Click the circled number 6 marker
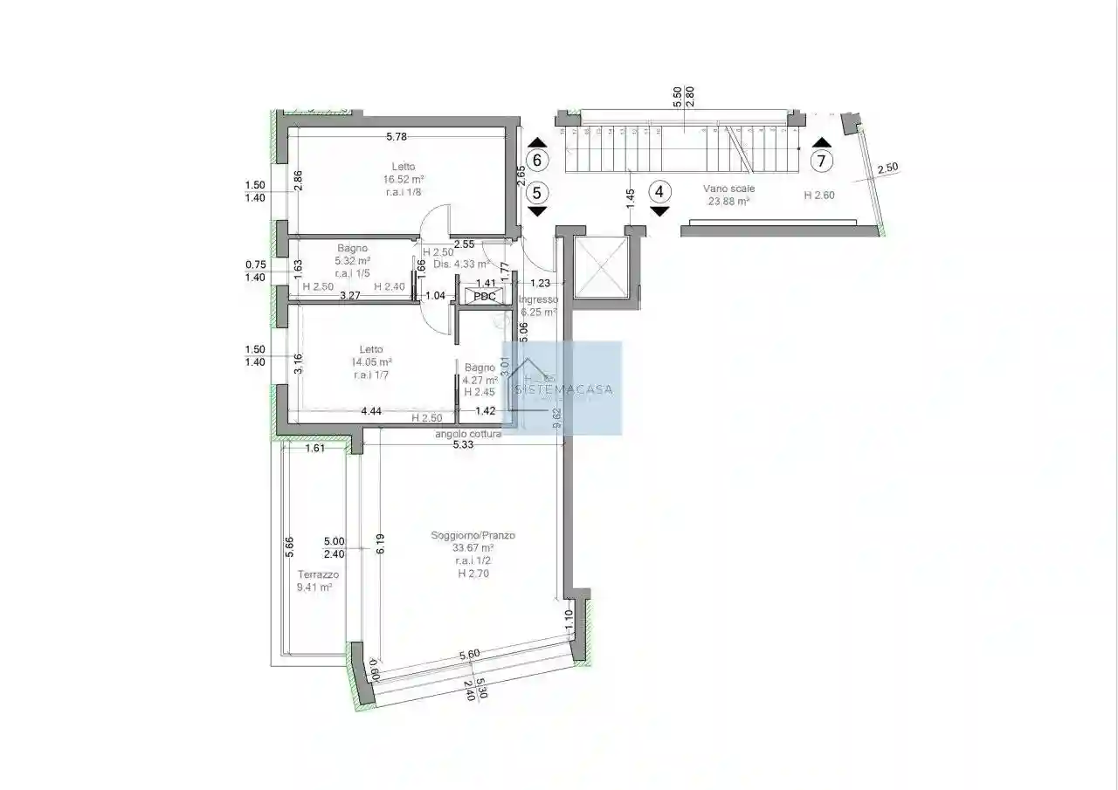pos(537,161)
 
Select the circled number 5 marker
pos(537,192)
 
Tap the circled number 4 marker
pos(660,191)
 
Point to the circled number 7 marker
pos(820,161)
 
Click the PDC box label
pos(484,296)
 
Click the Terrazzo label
pos(318,574)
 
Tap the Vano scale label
pos(728,189)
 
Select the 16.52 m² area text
pos(404,181)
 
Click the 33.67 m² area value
pos(473,548)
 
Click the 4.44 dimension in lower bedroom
pos(371,410)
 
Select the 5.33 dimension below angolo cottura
pos(464,444)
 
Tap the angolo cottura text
pos(469,434)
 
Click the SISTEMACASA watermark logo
pos(562,388)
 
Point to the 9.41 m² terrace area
pos(314,587)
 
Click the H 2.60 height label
pos(819,196)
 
